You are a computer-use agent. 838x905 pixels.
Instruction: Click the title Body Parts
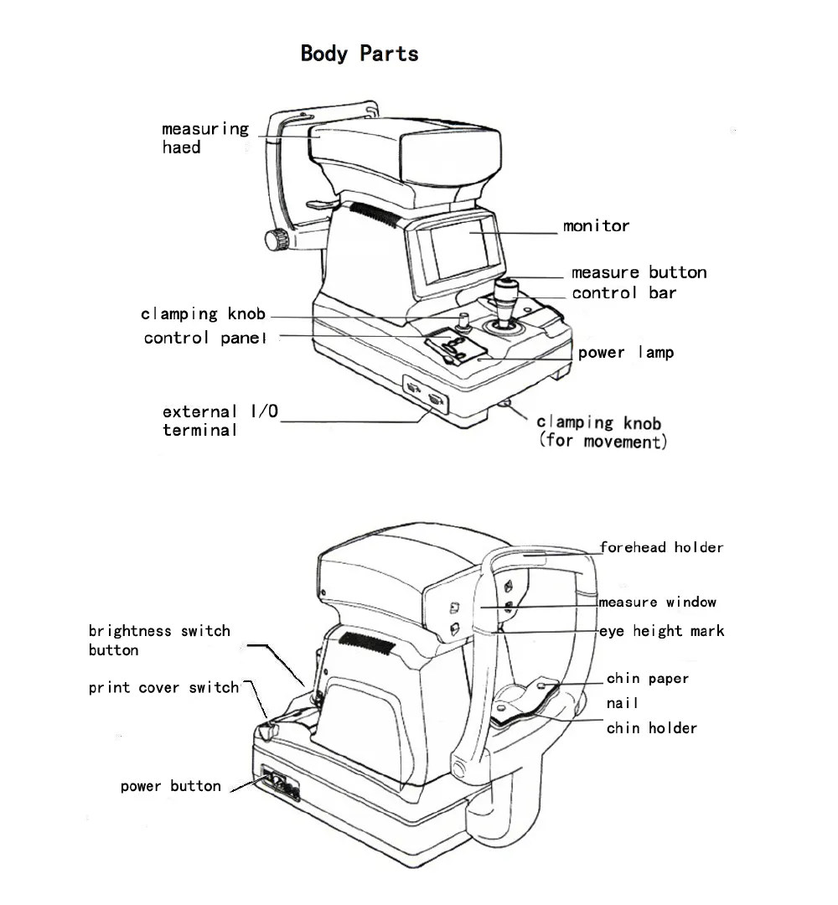tap(360, 54)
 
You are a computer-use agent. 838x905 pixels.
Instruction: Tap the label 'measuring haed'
tap(204, 137)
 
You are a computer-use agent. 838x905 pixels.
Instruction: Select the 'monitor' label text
tap(596, 225)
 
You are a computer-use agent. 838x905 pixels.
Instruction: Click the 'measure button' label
tap(639, 272)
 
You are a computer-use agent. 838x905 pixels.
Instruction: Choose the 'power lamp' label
tap(625, 353)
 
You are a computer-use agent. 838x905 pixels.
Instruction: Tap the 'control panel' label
tap(205, 338)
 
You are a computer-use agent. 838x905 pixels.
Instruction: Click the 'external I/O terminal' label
tap(220, 421)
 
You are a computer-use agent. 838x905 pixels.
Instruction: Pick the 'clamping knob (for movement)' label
tap(601, 432)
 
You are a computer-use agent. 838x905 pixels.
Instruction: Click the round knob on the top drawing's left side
tap(276, 240)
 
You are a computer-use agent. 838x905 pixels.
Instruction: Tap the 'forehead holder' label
tap(661, 547)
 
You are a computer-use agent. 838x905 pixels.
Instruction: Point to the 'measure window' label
tap(658, 602)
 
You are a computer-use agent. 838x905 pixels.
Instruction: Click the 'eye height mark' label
tap(661, 631)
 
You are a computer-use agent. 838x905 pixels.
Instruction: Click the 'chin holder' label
tap(651, 728)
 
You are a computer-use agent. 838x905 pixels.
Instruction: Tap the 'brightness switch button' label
tap(159, 640)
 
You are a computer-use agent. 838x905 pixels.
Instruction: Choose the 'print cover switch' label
tap(164, 688)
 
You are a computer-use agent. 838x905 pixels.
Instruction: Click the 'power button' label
tap(171, 786)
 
